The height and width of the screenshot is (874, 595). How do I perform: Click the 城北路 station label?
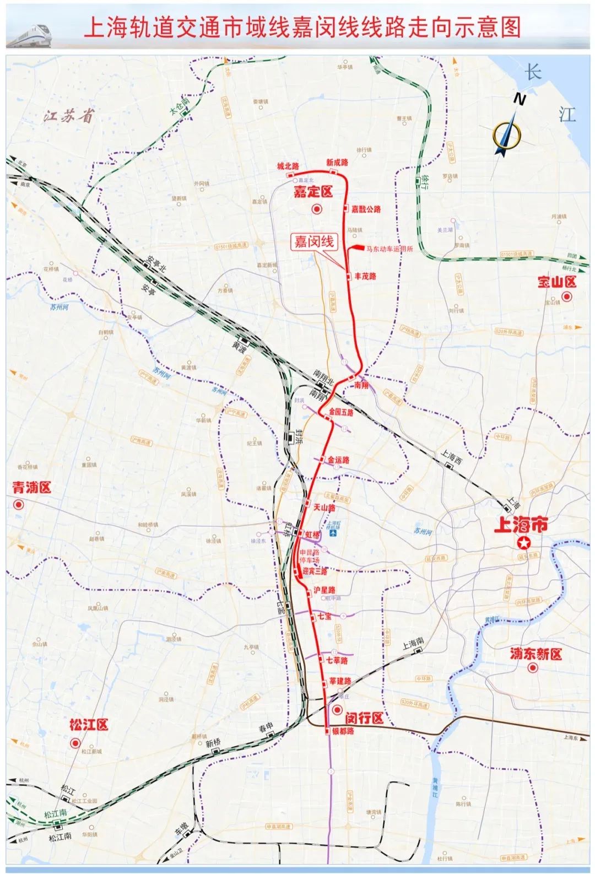tap(288, 166)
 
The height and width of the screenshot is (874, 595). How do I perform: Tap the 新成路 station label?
tap(337, 163)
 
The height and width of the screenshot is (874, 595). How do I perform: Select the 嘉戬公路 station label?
tap(366, 209)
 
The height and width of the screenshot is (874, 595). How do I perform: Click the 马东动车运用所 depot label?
tap(389, 249)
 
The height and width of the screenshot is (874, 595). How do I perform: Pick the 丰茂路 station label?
tap(365, 276)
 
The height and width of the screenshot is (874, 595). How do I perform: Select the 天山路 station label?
tap(324, 508)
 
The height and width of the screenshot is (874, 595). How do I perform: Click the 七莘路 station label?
tap(337, 660)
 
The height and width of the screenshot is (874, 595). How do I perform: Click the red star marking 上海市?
tap(523, 543)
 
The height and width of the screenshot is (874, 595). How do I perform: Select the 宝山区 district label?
tap(556, 282)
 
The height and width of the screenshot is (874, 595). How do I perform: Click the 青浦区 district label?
tap(31, 488)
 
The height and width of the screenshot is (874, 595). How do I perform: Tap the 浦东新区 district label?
tap(535, 654)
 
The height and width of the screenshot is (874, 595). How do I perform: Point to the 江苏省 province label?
tap(70, 116)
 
